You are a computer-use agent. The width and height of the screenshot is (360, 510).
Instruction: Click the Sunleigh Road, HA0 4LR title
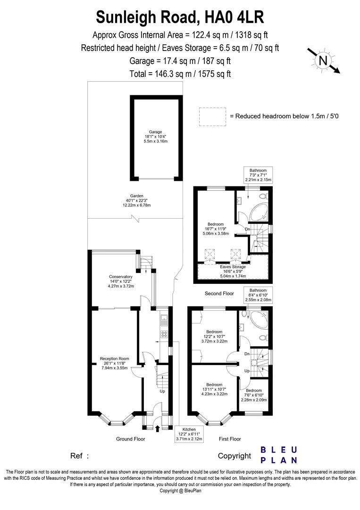click(180, 17)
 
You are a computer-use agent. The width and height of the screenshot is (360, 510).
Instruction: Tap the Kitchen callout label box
click(189, 434)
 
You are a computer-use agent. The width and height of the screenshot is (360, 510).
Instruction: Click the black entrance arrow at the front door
click(157, 429)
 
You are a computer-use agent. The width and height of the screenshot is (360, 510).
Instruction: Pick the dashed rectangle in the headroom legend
click(213, 117)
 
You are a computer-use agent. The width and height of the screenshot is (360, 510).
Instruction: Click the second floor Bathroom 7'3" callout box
click(258, 175)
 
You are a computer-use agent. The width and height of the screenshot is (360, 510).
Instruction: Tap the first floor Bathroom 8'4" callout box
click(258, 295)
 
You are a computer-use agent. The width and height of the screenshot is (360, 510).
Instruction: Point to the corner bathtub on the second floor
click(259, 212)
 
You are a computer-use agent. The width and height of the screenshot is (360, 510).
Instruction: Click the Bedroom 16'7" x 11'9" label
click(218, 229)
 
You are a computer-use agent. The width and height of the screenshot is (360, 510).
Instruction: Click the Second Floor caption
click(219, 293)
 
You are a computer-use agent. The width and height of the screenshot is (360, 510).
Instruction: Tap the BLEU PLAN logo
click(279, 455)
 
